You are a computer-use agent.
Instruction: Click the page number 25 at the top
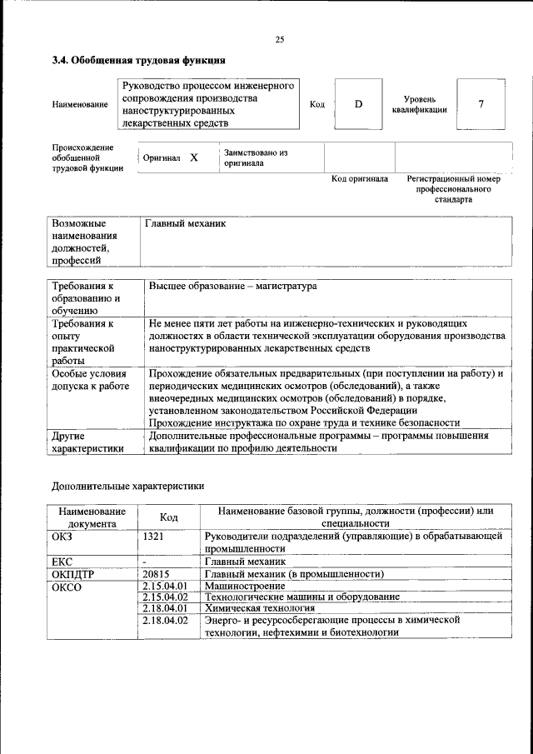[x=280, y=40]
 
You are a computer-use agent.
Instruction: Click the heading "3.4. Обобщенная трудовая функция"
[x=138, y=60]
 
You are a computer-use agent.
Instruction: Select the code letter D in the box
[x=359, y=105]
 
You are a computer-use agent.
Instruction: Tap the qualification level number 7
[x=481, y=105]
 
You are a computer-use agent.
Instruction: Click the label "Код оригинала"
[x=359, y=179]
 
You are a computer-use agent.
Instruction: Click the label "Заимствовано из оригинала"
[x=255, y=158]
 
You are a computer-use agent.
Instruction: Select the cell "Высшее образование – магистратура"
[x=232, y=286]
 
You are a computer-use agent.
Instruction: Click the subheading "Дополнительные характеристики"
[x=127, y=486]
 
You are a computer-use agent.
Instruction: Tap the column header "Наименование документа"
[x=92, y=517]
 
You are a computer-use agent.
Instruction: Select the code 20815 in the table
[x=156, y=573]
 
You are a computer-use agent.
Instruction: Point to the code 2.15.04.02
[x=165, y=597]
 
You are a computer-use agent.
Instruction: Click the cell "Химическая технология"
[x=260, y=608]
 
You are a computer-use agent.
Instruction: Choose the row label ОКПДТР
[x=74, y=573]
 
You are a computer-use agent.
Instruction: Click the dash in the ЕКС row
[x=144, y=562]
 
